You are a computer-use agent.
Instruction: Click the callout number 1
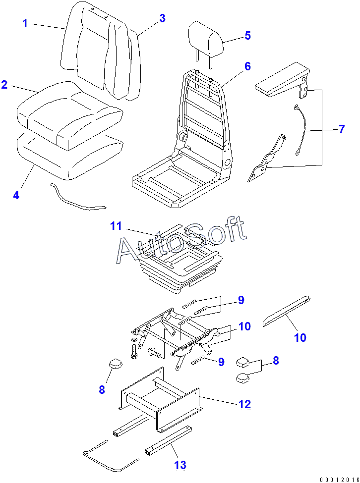coord(25,23)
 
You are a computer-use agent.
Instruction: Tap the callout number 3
coord(162,18)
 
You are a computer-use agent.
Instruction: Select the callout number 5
coord(247,36)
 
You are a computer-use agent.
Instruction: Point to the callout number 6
coord(247,66)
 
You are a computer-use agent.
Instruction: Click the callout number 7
coord(341,129)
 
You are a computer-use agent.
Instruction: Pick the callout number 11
coord(116,226)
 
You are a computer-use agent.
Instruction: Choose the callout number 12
coord(245,404)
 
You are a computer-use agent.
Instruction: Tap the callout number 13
coord(180,465)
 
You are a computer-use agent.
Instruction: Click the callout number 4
coord(16,195)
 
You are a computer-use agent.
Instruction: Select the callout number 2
coord(4,84)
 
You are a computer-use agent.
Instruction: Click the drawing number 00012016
coord(339,480)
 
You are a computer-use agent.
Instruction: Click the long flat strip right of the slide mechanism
coord(286,312)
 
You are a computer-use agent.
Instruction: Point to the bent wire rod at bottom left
coord(111,456)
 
